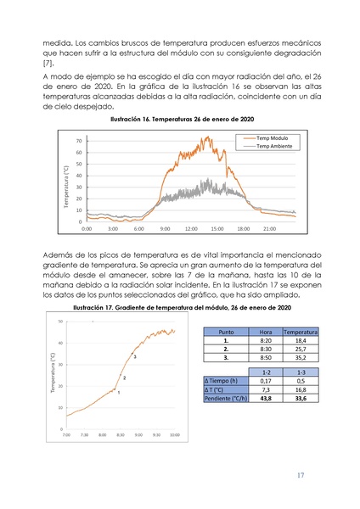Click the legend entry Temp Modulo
(266, 137)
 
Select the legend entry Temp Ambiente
(267, 146)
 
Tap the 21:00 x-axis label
(269, 229)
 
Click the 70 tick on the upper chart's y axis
(78, 141)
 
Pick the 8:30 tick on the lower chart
(119, 435)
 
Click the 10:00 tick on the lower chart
(173, 435)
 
